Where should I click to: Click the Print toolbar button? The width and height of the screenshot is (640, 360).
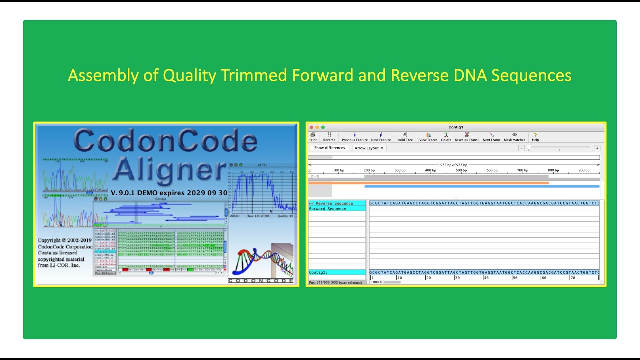[313, 136]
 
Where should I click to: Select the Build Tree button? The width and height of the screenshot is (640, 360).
[405, 136]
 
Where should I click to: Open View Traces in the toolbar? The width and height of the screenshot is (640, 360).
[428, 136]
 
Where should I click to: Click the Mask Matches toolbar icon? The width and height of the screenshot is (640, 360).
[514, 136]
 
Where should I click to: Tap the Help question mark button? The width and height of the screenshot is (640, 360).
[535, 136]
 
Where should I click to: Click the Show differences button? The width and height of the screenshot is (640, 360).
[329, 148]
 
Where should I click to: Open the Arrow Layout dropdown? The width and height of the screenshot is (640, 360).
[369, 148]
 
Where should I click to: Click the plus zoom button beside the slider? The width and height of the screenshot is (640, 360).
[597, 148]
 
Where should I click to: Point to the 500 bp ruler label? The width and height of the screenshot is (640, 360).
[461, 170]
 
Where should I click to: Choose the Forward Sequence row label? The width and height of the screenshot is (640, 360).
[328, 209]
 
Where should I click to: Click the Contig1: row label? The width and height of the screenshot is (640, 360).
[318, 272]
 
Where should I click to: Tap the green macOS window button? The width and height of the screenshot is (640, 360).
[323, 127]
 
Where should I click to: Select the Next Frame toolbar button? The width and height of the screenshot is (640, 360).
[491, 136]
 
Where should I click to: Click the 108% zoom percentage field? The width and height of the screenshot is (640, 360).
[375, 282]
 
